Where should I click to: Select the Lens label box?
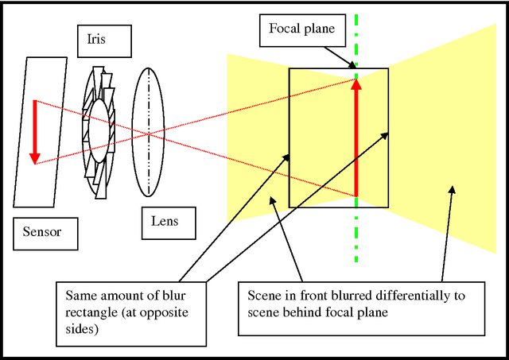165,220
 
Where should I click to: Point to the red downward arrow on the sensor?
34,131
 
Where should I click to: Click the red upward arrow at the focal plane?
356,135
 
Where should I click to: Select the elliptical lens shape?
149,131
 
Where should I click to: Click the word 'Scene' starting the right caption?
262,296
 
